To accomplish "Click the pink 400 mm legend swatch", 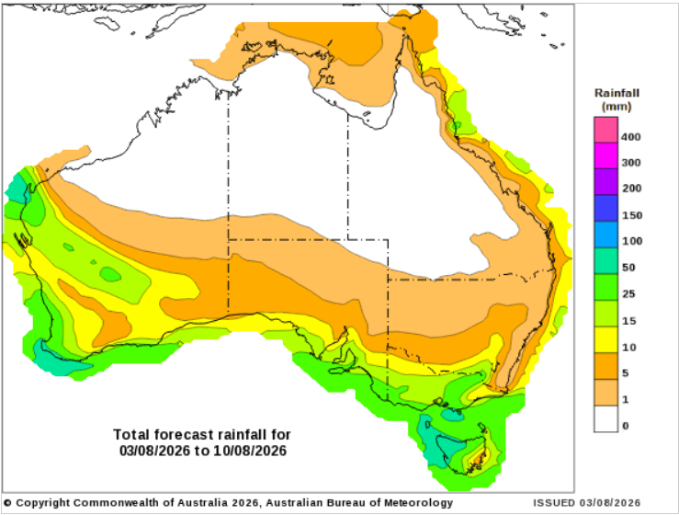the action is point(605,130).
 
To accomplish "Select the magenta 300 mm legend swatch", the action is point(605,155).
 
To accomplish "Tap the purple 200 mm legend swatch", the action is point(605,182).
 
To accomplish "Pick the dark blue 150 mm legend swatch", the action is point(605,208).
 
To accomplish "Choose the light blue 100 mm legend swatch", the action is point(605,235).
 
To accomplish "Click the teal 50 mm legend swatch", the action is point(605,261).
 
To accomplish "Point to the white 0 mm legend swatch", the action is point(605,418).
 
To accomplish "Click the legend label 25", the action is point(628,294).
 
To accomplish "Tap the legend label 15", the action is point(628,321).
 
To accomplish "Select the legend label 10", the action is point(628,348).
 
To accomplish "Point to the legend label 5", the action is point(626,373).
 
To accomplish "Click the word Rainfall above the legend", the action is point(617,93).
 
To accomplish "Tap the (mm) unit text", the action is point(617,107).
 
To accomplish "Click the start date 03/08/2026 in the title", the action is point(154,451).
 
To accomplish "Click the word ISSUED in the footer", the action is point(554,503).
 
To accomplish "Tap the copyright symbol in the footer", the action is point(7,503).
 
